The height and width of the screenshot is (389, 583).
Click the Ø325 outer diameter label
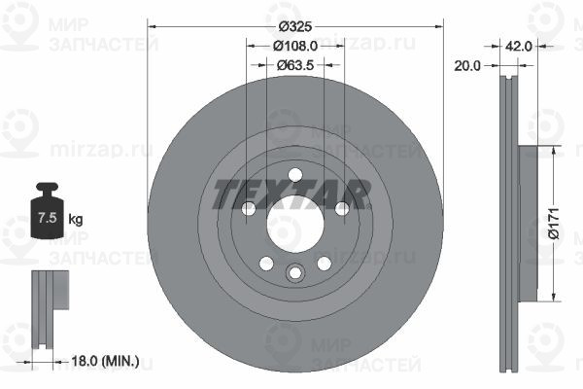295,27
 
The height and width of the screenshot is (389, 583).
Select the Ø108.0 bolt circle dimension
295,46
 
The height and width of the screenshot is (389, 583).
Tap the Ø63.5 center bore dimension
295,65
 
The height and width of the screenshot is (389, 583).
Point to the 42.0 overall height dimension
518,46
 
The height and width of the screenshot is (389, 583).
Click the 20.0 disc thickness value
467,66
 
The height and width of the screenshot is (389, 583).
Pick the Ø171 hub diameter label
553,224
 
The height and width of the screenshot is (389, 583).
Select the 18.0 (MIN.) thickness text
105,361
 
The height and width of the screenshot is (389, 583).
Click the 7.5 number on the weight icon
48,218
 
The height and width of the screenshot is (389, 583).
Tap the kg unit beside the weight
76,219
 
